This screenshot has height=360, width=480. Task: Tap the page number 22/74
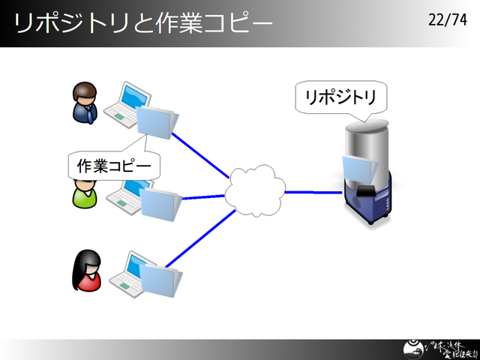(447, 20)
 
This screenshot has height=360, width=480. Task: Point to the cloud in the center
(256, 192)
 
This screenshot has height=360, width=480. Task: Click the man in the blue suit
(85, 104)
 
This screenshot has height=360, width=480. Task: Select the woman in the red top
(87, 271)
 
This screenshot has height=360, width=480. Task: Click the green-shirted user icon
(83, 194)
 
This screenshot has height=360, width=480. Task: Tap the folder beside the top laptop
(158, 121)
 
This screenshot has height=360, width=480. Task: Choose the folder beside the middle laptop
(160, 204)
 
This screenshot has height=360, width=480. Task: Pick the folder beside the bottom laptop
(160, 279)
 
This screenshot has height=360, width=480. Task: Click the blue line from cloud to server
(313, 192)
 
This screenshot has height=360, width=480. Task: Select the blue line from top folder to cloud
(201, 156)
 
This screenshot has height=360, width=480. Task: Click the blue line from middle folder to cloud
(203, 197)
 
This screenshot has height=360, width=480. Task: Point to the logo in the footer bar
(433, 349)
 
